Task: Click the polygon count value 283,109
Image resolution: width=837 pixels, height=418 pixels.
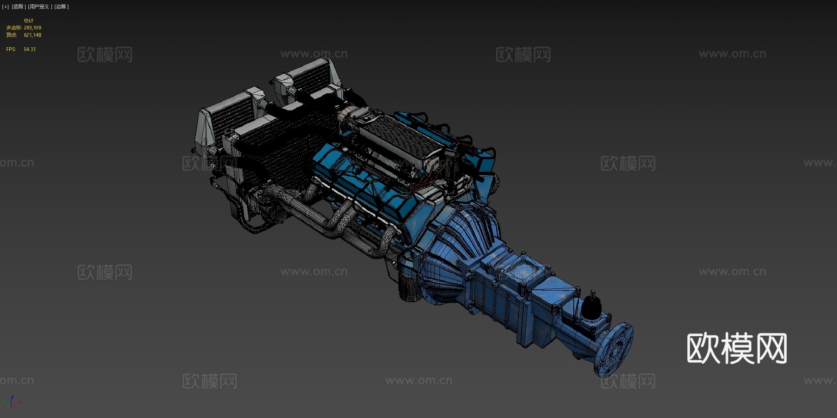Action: pyautogui.click(x=33, y=28)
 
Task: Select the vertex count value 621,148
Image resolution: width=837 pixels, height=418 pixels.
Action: pyautogui.click(x=33, y=35)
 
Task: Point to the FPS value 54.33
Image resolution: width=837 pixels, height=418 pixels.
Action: pyautogui.click(x=29, y=49)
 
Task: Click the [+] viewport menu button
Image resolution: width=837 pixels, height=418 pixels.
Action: pyautogui.click(x=6, y=7)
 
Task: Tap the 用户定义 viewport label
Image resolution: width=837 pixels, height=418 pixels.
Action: pyautogui.click(x=39, y=7)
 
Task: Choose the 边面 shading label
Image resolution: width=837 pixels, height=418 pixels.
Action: pyautogui.click(x=61, y=7)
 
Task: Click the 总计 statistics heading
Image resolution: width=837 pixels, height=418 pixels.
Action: pyautogui.click(x=28, y=21)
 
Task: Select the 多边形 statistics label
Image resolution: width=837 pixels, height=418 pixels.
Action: pyautogui.click(x=13, y=28)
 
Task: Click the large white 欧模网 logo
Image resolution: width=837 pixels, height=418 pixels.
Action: pyautogui.click(x=737, y=348)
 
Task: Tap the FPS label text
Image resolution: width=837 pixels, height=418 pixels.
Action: pyautogui.click(x=11, y=49)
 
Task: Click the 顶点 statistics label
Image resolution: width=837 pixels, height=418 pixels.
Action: pyautogui.click(x=12, y=35)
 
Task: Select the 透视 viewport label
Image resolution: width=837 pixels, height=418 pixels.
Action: pyautogui.click(x=18, y=7)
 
